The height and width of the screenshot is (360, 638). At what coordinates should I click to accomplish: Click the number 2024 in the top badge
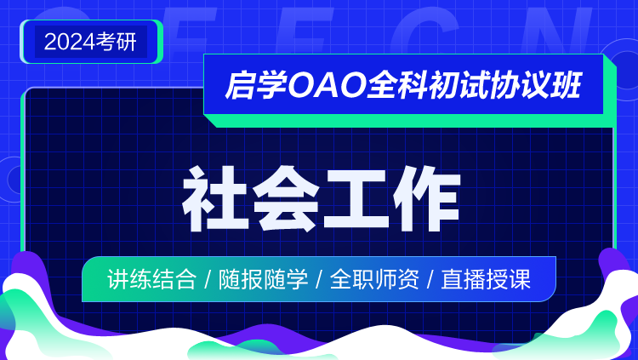(70, 42)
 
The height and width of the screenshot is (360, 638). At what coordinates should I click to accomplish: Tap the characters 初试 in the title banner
(459, 85)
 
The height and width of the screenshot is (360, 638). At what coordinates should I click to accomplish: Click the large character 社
(215, 198)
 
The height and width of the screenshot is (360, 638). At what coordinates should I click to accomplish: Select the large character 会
(286, 198)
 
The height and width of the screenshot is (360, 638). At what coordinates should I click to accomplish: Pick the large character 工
(356, 198)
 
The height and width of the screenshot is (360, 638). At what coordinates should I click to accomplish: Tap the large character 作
(427, 198)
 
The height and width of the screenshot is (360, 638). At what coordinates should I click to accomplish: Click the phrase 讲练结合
(151, 280)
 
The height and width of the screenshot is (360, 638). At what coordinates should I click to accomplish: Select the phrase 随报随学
(263, 280)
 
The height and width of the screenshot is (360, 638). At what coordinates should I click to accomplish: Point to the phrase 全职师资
(374, 280)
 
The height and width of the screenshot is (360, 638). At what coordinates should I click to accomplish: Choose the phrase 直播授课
(486, 280)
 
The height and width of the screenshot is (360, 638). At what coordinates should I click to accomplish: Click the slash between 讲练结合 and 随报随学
(208, 280)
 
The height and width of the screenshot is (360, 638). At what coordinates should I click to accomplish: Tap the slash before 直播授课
(430, 280)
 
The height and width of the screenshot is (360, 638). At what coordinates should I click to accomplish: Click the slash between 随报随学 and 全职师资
(319, 280)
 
